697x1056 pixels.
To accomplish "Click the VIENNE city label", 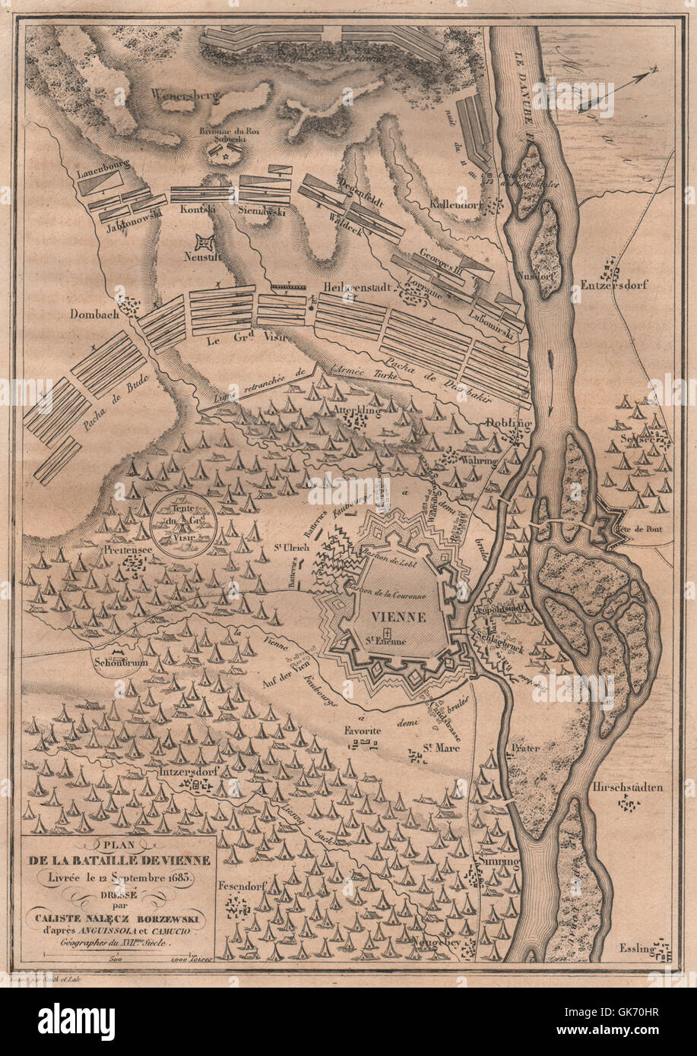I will (399, 616).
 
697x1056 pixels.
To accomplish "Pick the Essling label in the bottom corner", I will (636, 948).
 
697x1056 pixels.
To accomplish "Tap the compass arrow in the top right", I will (619, 90).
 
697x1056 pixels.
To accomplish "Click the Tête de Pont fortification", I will (613, 524).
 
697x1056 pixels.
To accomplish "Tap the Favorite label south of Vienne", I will (362, 730).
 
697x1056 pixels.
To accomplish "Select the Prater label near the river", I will (525, 748).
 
